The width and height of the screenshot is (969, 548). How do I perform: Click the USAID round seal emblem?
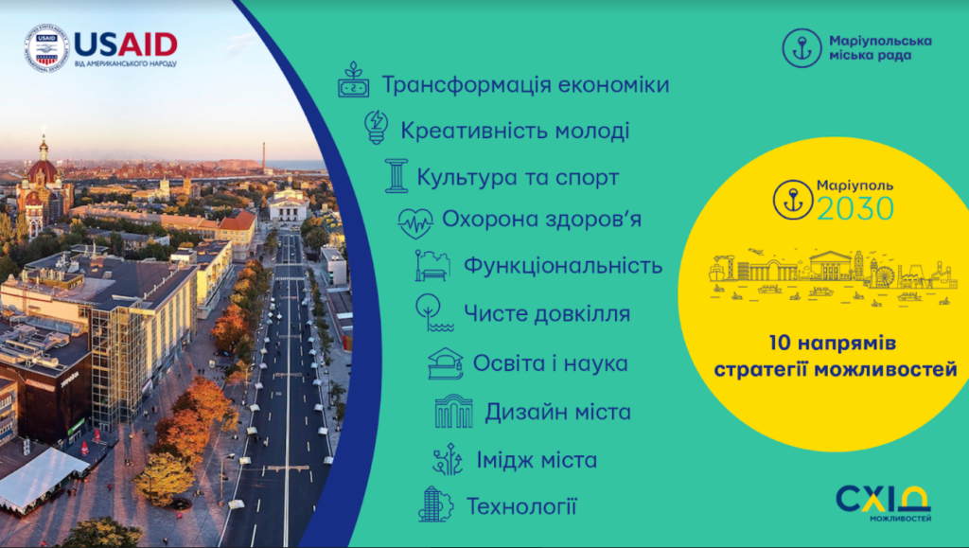[46, 47]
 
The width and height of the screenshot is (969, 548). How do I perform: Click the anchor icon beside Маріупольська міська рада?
[802, 47]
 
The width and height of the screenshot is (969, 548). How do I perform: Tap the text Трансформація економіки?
[525, 84]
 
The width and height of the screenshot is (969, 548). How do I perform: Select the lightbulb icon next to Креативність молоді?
[376, 127]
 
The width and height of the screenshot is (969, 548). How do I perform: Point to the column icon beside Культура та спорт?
[396, 175]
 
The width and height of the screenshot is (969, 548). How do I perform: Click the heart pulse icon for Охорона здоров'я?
[415, 222]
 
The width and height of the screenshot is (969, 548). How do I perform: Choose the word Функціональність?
[563, 266]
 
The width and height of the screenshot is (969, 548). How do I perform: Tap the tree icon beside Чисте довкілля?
[432, 312]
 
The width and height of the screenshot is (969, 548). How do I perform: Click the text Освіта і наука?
[550, 363]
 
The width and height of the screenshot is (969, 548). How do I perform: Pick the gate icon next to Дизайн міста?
[453, 411]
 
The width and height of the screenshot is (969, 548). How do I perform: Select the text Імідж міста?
[537, 460]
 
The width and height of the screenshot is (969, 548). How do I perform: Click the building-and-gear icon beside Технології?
[435, 504]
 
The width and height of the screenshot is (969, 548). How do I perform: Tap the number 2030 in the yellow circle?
[855, 209]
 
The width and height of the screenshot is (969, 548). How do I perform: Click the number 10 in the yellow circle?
[781, 343]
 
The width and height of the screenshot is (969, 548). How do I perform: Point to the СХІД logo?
[883, 503]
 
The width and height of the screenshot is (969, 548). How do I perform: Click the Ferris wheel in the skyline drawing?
[882, 275]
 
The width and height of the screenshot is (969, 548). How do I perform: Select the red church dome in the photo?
[43, 170]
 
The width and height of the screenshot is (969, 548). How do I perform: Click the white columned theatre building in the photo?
[289, 206]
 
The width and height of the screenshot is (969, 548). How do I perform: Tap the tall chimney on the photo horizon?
[264, 157]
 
